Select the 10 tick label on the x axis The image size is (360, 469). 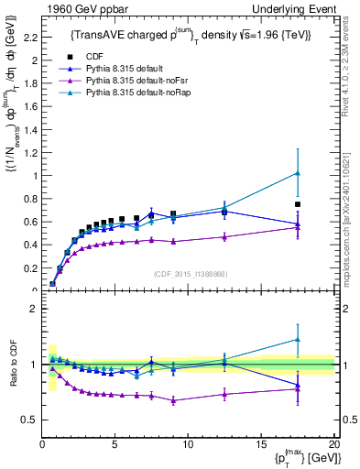tap(188, 444)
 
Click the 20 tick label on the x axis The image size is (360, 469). tap(333, 444)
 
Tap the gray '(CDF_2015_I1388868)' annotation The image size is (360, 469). tap(189, 274)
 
